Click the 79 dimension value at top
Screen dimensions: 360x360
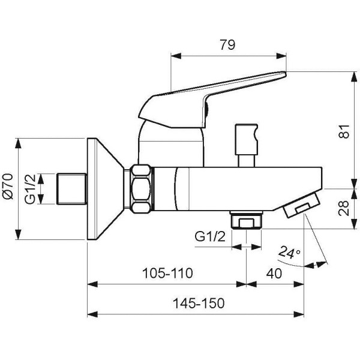click(x=227, y=45)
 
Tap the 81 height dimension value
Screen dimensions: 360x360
click(x=344, y=131)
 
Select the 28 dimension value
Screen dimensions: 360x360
click(x=344, y=208)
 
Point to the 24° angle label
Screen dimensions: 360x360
click(x=289, y=252)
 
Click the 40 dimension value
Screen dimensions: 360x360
click(x=274, y=274)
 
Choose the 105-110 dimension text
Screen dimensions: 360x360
click(x=167, y=273)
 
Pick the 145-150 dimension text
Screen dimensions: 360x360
click(x=199, y=303)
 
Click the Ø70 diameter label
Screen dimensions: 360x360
click(x=8, y=186)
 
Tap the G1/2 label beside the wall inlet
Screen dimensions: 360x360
click(x=31, y=189)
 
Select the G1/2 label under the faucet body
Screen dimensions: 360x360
click(x=210, y=236)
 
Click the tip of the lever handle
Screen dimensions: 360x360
click(x=286, y=73)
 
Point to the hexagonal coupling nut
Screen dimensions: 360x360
click(x=141, y=189)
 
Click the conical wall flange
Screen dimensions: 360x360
click(x=105, y=189)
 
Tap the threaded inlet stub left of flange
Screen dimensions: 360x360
click(x=71, y=189)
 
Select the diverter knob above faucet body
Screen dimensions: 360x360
click(x=247, y=145)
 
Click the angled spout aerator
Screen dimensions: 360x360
click(x=301, y=205)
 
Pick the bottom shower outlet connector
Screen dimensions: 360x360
click(x=247, y=220)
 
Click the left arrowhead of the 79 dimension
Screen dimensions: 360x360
click(x=176, y=56)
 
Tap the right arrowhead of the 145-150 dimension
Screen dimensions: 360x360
click(x=299, y=314)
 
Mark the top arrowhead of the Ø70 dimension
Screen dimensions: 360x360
click(x=18, y=143)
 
